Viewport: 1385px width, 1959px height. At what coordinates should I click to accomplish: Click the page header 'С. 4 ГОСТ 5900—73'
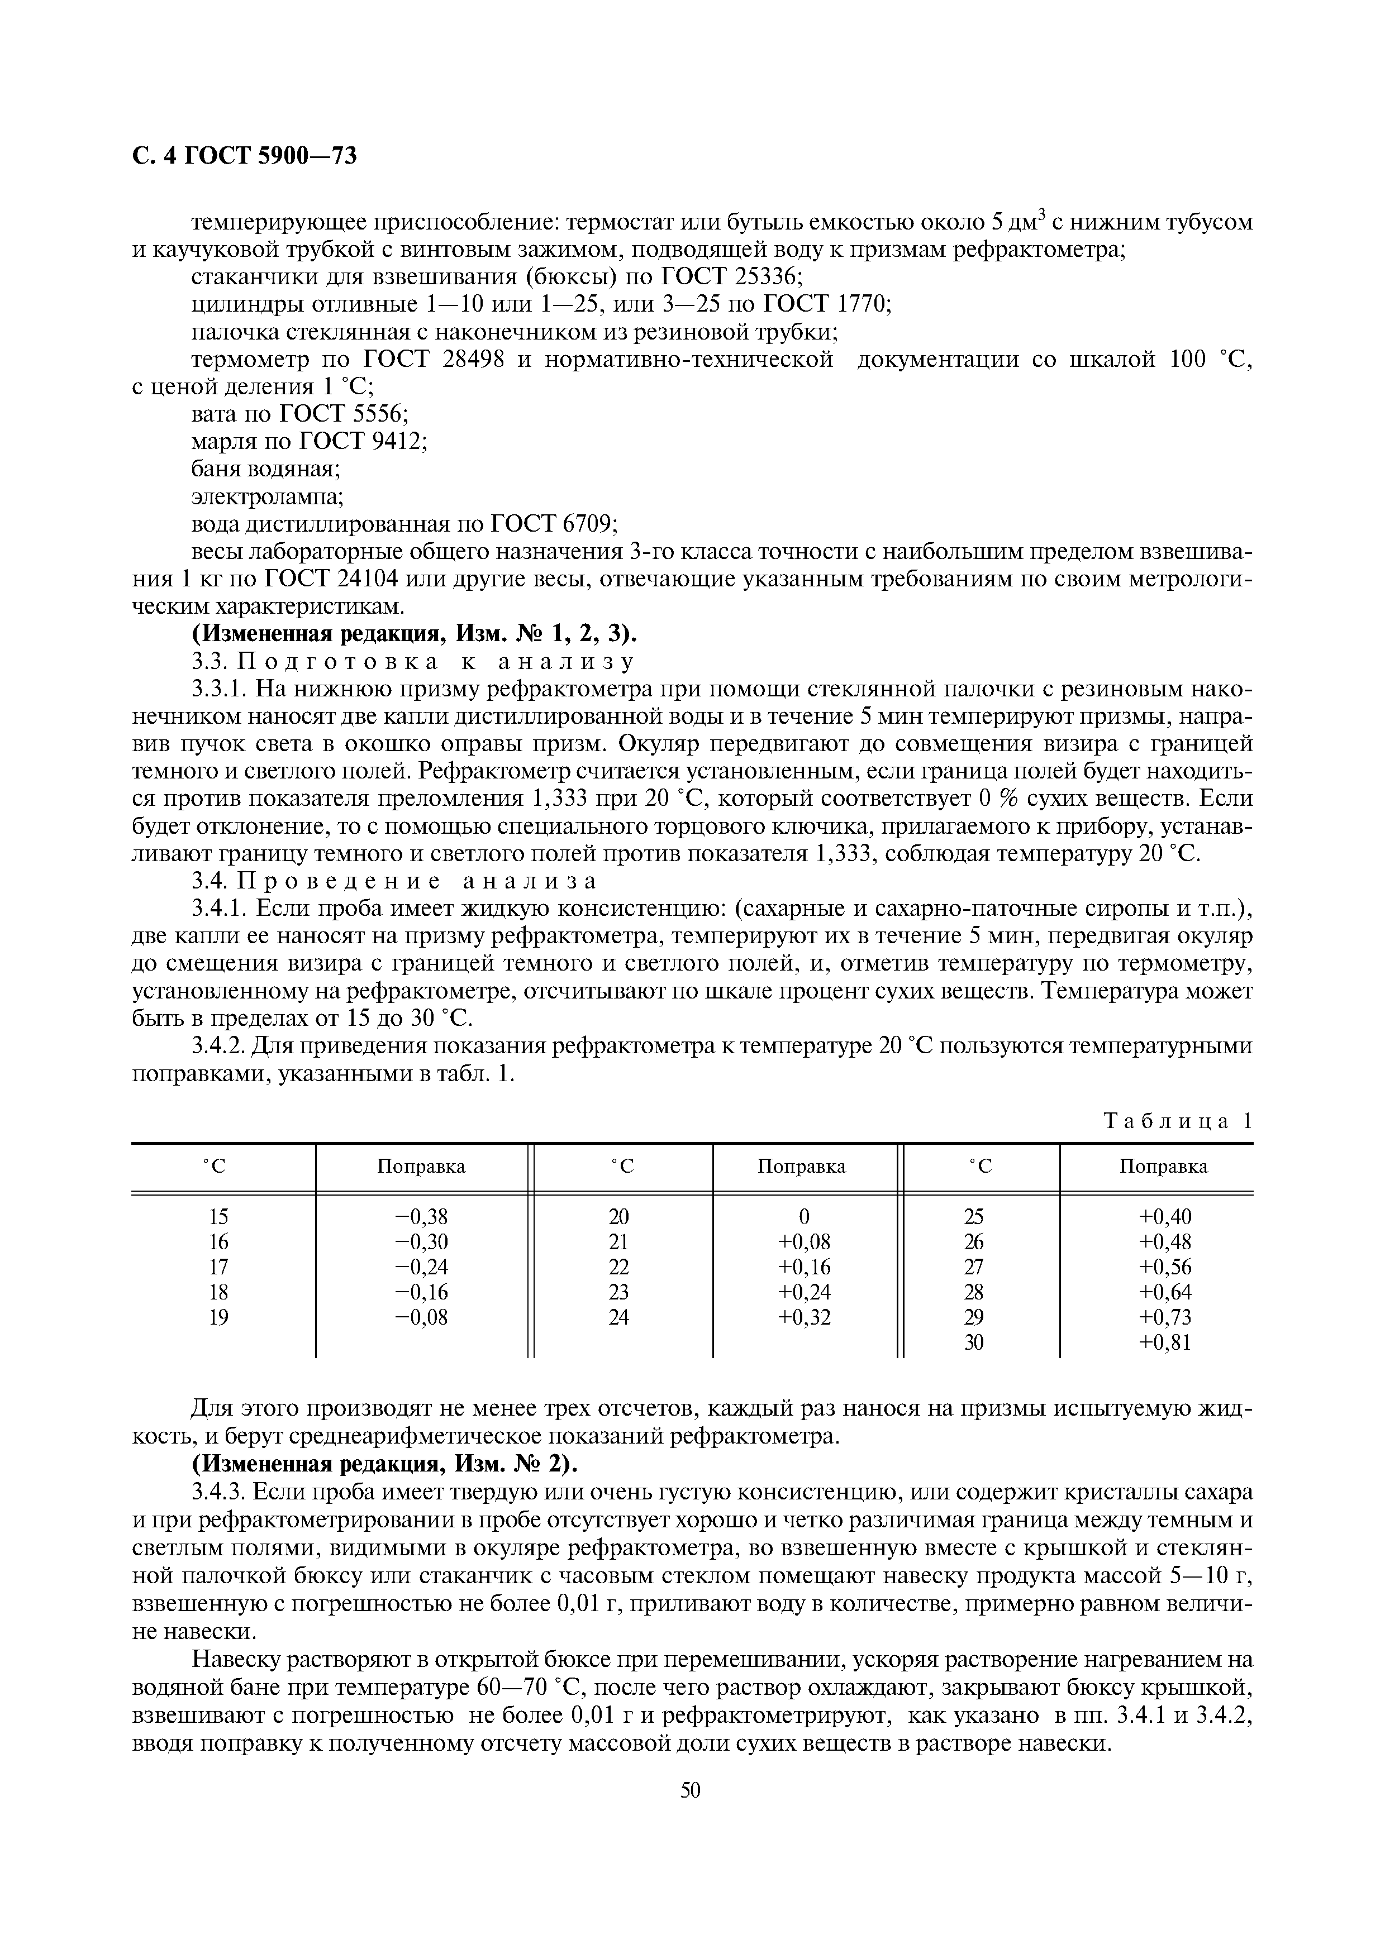tap(245, 156)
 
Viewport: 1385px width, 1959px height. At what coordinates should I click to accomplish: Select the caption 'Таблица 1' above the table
tap(1178, 1120)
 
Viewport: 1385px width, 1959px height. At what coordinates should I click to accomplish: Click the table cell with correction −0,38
tap(422, 1216)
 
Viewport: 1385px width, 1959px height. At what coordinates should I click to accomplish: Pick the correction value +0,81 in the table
tap(1164, 1342)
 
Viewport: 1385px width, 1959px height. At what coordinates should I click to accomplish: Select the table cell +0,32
tap(804, 1317)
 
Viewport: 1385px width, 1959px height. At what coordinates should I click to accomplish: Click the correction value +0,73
tap(1164, 1317)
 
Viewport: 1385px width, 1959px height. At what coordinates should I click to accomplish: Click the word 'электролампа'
tap(266, 496)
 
